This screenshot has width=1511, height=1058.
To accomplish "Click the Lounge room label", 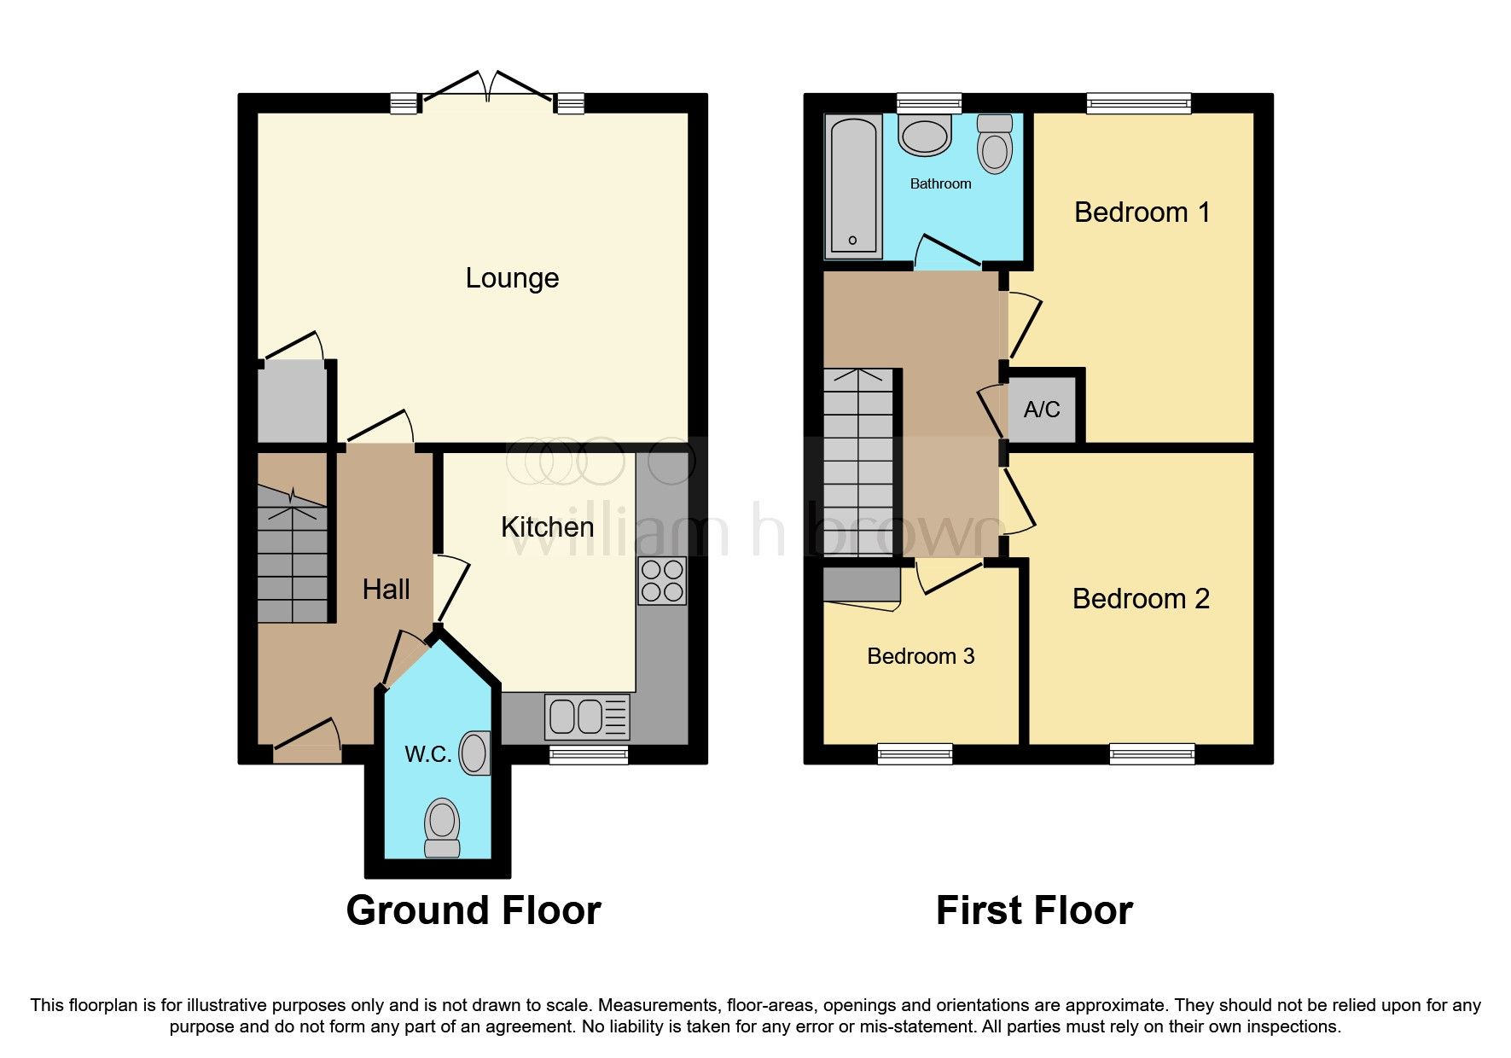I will click(512, 278).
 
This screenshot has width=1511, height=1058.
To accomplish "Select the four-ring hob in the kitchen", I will click(662, 580).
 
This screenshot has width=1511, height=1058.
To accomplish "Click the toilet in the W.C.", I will click(442, 826).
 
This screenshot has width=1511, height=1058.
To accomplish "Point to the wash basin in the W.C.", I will click(475, 753).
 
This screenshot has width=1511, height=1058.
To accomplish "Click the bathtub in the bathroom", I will click(853, 186).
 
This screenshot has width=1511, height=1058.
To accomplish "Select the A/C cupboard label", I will click(1042, 410).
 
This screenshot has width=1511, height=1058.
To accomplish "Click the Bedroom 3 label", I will click(921, 656).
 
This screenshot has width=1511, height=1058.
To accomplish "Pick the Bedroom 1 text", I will click(1142, 212).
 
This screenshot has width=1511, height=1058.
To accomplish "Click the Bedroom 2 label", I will click(1141, 599).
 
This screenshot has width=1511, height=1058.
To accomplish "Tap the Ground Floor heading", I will click(474, 910).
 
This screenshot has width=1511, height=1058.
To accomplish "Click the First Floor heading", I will click(1034, 910).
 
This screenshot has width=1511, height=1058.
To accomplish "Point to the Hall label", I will click(386, 590).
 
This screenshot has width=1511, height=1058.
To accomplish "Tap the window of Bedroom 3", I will click(915, 753).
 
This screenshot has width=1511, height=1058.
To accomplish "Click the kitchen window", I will click(589, 754).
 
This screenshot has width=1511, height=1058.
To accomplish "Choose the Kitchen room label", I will click(547, 527).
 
